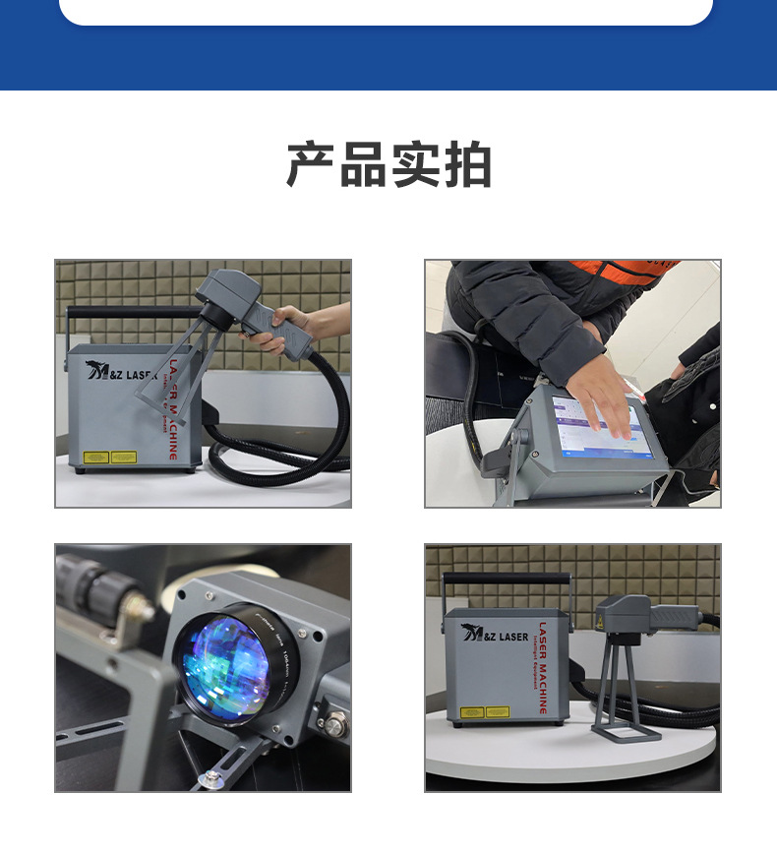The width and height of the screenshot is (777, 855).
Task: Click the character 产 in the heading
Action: [x=311, y=164]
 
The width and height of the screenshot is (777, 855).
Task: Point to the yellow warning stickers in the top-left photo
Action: [x=109, y=457]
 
